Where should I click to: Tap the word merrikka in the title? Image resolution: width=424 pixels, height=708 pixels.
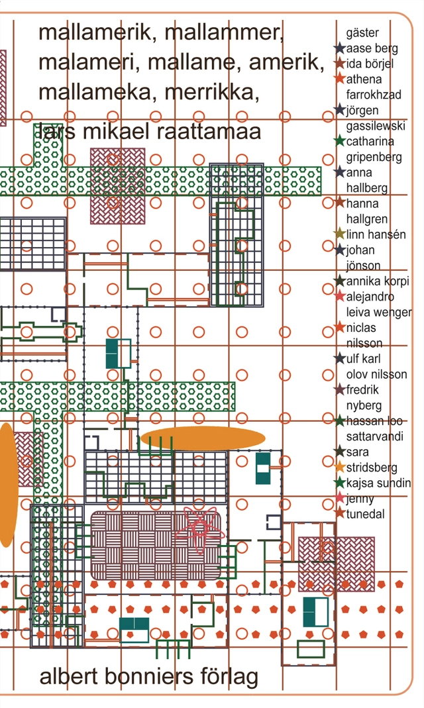[x=212, y=93]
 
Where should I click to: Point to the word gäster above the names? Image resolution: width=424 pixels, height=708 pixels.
[x=362, y=33]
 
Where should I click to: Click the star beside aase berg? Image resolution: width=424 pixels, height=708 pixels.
[x=340, y=48]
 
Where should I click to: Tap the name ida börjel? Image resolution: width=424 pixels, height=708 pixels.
[x=370, y=63]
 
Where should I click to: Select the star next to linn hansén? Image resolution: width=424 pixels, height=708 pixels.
[x=340, y=234]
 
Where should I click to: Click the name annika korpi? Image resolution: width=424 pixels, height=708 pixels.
[x=378, y=281]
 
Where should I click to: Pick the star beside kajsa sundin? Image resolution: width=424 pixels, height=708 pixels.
[x=340, y=482]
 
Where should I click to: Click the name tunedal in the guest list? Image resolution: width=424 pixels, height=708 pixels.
[x=365, y=514]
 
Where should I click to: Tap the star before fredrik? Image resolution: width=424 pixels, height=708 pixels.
[x=340, y=389]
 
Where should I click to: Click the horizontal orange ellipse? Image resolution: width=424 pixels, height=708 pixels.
[x=203, y=438]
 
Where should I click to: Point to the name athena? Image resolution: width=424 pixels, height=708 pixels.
[x=364, y=79]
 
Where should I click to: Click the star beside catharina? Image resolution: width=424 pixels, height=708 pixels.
[x=340, y=141]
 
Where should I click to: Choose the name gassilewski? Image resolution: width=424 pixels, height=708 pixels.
[x=376, y=126]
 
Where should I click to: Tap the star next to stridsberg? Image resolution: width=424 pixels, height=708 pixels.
[x=340, y=467]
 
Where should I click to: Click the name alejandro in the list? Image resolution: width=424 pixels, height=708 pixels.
[x=370, y=297]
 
